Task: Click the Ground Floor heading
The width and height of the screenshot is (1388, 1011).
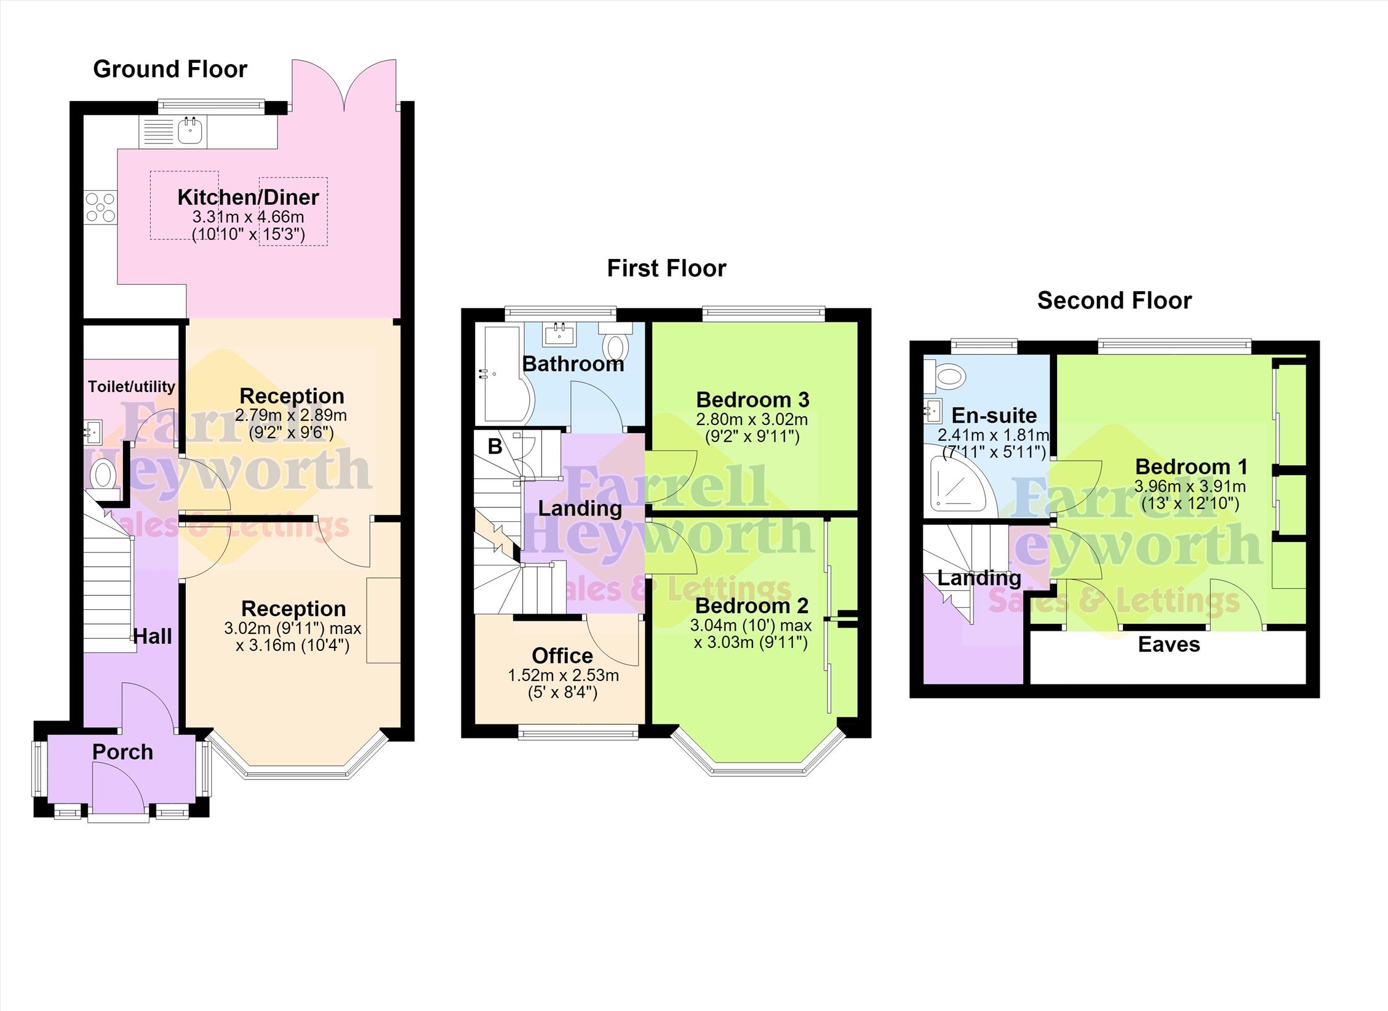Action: tap(170, 69)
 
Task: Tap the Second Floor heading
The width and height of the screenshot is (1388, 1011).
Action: tap(1114, 300)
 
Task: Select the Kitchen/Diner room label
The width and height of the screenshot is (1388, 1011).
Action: tap(248, 198)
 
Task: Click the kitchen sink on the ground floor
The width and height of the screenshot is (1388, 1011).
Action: tap(190, 130)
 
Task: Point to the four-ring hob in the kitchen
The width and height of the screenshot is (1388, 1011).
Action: tap(100, 207)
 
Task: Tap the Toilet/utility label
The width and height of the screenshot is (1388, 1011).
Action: tap(132, 386)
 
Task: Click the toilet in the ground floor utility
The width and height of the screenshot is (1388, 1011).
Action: tap(103, 476)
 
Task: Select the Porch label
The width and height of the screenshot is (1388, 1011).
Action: tap(122, 751)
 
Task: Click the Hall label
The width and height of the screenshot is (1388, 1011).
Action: tap(153, 636)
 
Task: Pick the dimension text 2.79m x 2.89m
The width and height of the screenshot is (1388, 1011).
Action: tap(291, 415)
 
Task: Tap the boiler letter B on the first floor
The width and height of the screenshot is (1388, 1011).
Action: tap(495, 446)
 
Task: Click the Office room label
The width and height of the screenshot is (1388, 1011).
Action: tap(562, 655)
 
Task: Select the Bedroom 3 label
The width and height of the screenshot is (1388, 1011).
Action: tap(752, 399)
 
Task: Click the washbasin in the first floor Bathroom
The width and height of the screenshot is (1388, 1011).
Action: tap(559, 334)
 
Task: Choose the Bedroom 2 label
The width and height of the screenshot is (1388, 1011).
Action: tap(752, 605)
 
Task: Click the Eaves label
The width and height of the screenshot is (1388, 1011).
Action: tap(1169, 644)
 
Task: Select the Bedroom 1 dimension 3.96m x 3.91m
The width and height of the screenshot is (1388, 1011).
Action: tap(1190, 486)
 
